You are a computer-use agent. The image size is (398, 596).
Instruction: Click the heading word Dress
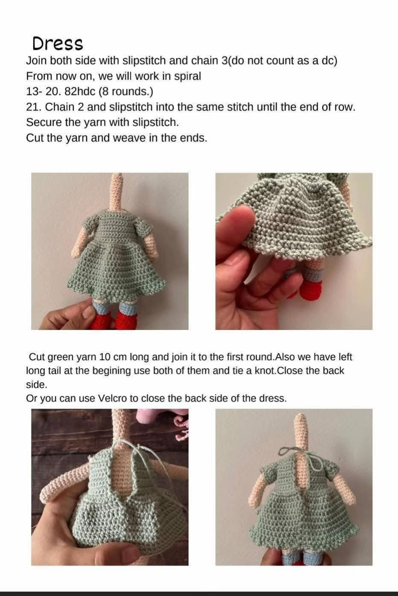coord(58,43)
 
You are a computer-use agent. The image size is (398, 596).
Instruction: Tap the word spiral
coord(187,77)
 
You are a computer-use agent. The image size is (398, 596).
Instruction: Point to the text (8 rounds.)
coord(126,92)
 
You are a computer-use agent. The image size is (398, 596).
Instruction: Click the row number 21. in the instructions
coord(34,107)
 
